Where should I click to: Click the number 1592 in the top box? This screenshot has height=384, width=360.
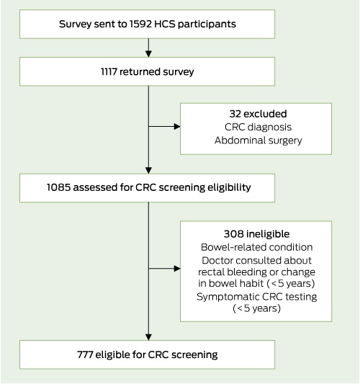(140, 24)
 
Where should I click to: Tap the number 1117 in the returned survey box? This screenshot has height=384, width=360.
(109, 72)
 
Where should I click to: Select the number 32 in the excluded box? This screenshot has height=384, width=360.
(235, 114)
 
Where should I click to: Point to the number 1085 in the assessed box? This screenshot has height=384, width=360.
(59, 187)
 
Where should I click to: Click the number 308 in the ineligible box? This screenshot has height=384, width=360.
(234, 234)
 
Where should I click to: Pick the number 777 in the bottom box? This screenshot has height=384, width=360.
(85, 354)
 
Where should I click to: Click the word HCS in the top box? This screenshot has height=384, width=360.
(165, 24)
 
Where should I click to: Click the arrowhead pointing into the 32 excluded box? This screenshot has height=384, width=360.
(177, 126)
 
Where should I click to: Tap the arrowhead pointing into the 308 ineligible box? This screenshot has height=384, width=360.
(177, 269)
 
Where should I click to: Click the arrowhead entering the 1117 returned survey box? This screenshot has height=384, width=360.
(148, 54)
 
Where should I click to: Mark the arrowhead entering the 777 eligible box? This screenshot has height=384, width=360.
(148, 337)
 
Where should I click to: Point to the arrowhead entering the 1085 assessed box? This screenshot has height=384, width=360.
(148, 171)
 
